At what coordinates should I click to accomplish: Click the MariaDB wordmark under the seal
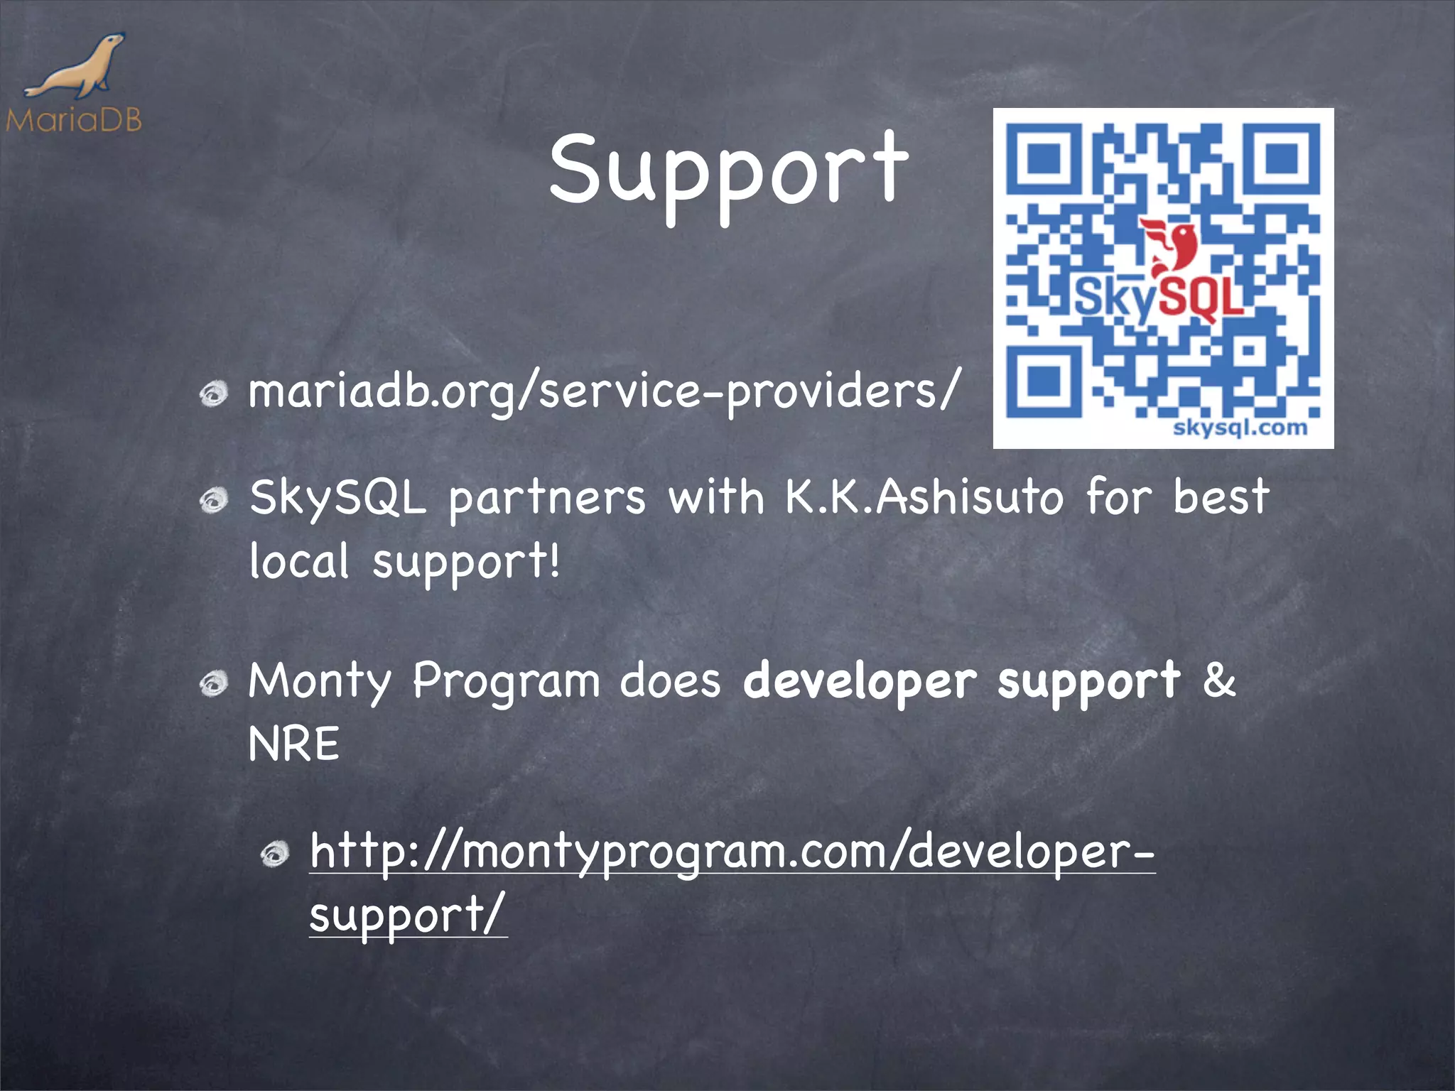coord(74,119)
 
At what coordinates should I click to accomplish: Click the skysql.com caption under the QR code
coord(1240,428)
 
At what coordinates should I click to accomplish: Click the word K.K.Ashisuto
coord(924,496)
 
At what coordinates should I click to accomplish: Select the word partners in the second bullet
coord(547,498)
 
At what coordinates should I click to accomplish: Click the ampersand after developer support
coord(1219,679)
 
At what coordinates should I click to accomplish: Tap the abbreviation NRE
coord(294,744)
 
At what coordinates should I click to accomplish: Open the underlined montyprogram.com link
coord(732,852)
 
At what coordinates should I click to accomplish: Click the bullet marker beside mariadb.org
coord(213,393)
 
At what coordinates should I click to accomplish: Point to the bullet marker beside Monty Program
coord(213,684)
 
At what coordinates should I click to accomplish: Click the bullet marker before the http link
coord(275,854)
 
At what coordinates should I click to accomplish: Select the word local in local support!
coord(299,561)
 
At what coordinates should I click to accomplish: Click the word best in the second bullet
coord(1221,496)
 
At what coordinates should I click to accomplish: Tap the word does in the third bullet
coord(670,680)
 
